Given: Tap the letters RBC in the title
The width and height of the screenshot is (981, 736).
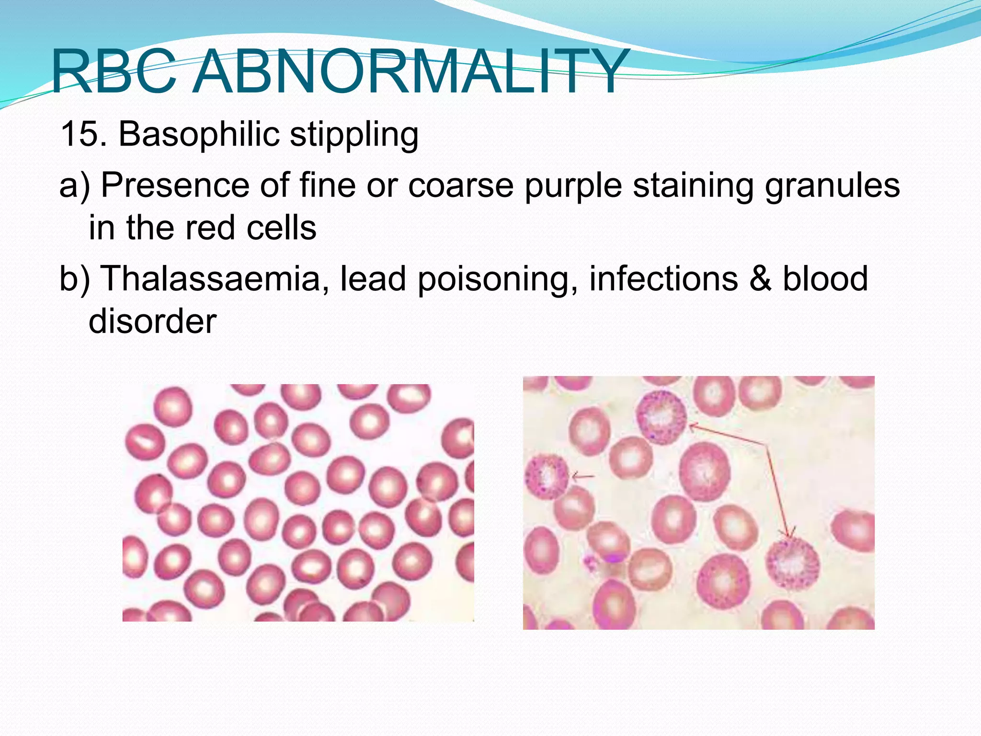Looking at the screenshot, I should point(114,72).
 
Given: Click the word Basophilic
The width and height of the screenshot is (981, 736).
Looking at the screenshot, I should point(199,134).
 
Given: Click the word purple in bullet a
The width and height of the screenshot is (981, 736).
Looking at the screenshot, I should point(573,186).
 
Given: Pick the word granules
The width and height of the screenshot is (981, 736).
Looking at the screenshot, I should point(832,186).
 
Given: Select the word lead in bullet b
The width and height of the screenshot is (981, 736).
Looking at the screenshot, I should point(373,278).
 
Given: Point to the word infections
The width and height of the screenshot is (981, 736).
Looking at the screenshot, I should point(663,278).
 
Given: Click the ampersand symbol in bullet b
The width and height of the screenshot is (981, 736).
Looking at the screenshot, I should point(761,278).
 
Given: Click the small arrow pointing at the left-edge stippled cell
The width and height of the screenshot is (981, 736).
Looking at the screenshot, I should point(583,476).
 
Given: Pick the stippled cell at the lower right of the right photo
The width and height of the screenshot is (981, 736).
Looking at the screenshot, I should point(793,564).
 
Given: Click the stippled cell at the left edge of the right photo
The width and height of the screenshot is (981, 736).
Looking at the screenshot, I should point(547,476).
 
